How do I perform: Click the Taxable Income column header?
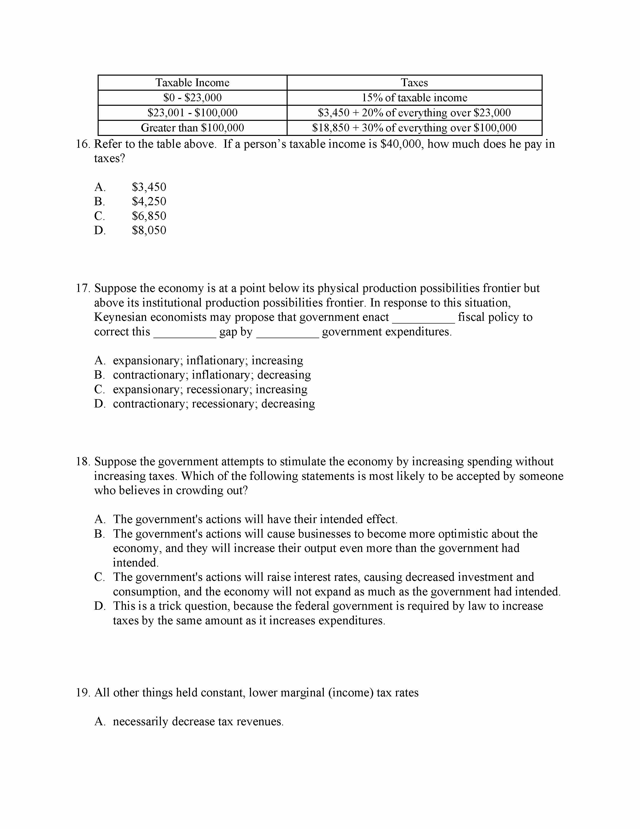click(x=192, y=83)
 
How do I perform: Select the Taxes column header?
click(x=414, y=83)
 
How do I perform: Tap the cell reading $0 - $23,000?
click(x=192, y=97)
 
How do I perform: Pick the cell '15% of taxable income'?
click(x=414, y=97)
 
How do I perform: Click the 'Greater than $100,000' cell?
click(x=192, y=128)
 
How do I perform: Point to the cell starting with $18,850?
click(x=414, y=128)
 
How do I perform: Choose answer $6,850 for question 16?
click(x=149, y=216)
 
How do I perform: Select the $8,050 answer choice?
click(x=149, y=230)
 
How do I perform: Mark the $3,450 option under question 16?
click(x=149, y=187)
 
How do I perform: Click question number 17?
click(x=82, y=288)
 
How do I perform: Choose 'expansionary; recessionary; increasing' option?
click(x=210, y=389)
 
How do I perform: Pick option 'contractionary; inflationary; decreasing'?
click(x=212, y=375)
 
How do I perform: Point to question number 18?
click(x=82, y=461)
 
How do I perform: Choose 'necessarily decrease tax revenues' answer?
click(x=198, y=721)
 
